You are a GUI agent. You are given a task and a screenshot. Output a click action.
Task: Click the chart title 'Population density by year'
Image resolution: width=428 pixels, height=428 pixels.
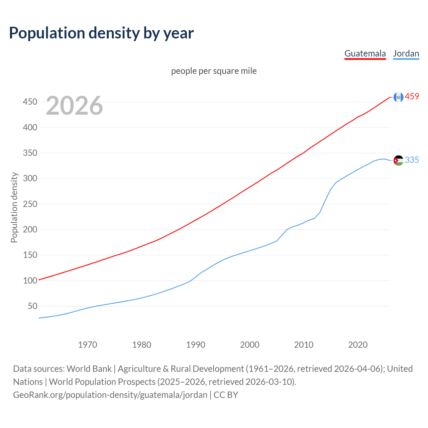tap(101, 33)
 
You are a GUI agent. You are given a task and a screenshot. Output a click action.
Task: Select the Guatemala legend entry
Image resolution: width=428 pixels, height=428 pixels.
tap(365, 53)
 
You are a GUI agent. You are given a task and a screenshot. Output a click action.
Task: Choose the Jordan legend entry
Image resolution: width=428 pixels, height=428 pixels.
tap(406, 53)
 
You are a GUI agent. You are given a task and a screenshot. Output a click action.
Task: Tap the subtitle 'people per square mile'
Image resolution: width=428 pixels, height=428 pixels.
tap(214, 71)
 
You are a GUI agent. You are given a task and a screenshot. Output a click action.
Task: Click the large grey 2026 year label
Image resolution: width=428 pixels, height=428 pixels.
tap(74, 106)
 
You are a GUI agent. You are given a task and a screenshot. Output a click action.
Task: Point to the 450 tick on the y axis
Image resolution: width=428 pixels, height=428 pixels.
tap(30, 102)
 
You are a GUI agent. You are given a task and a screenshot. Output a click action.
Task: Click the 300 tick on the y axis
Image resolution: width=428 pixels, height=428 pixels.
tap(30, 179)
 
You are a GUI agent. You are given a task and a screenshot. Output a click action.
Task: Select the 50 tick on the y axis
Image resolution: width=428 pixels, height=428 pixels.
tap(32, 306)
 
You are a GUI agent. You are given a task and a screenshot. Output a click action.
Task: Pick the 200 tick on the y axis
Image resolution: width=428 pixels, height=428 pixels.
tap(30, 229)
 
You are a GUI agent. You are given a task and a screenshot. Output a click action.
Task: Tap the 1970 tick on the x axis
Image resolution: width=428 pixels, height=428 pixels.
tap(88, 344)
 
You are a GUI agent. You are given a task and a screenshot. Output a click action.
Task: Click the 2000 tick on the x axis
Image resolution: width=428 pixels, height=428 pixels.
tap(249, 344)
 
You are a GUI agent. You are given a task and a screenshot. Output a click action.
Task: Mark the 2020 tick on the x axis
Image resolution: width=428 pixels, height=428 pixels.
tap(358, 344)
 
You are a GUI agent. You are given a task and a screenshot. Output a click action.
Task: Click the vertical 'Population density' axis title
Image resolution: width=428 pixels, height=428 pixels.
tap(14, 207)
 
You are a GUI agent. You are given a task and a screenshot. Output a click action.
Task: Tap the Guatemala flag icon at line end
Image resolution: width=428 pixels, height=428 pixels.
tap(398, 97)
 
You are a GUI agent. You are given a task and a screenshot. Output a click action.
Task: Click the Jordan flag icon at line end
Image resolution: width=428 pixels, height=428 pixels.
tap(398, 160)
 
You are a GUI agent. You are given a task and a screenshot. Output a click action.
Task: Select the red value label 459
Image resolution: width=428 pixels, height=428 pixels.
tap(412, 97)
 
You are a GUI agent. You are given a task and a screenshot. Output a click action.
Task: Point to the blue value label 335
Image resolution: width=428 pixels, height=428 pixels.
tap(412, 160)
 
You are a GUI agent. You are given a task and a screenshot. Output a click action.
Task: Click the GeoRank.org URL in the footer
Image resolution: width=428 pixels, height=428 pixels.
tap(110, 395)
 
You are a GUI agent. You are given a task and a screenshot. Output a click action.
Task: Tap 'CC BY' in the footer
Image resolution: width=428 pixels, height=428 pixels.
tap(226, 395)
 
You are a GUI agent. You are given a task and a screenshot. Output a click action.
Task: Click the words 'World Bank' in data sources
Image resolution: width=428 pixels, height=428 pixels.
tap(89, 369)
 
